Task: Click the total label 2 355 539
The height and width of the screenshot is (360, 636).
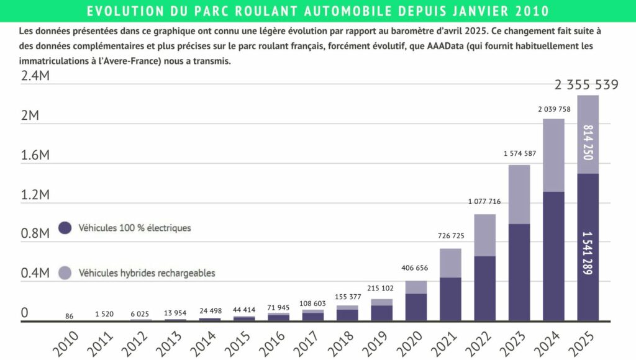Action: point(588,85)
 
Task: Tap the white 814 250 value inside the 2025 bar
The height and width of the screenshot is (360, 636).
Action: point(588,142)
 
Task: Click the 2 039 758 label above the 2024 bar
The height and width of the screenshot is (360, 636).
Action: point(554,109)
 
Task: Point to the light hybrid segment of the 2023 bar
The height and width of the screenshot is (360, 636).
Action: point(519,194)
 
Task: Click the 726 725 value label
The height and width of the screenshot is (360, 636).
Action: point(450,236)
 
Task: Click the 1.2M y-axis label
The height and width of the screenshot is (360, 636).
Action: point(35,195)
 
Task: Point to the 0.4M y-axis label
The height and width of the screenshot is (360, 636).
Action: point(35,274)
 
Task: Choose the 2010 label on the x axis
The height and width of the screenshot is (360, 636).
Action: point(65,344)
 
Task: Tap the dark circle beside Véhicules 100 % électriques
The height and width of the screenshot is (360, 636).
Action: point(65,228)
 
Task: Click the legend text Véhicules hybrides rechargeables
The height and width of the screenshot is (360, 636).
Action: point(147,272)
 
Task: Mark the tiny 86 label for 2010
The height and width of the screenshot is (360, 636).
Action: point(70,317)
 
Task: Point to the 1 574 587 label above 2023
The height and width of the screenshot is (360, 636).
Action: point(520,153)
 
